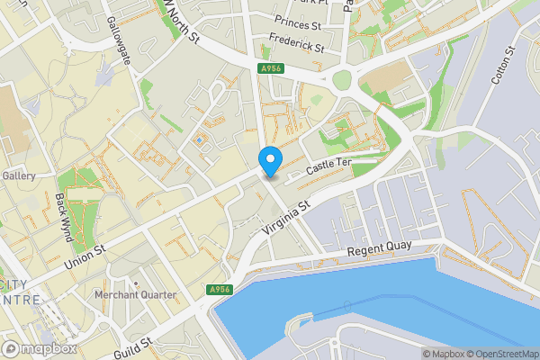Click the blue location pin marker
tap(270, 161)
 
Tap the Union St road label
tap(86, 255)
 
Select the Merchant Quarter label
tap(136, 294)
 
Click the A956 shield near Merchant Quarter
tap(219, 290)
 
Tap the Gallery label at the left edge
tap(18, 175)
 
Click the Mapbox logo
tap(40, 348)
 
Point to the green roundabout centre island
tap(342, 81)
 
